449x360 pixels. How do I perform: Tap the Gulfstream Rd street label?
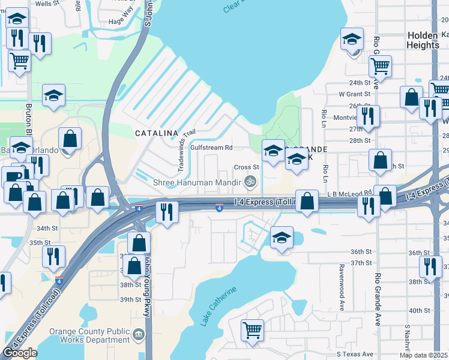tap(211, 148)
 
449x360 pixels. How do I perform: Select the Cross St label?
tap(246, 167)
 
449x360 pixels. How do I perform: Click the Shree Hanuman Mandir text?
tap(197, 182)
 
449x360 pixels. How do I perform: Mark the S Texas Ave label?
tap(355, 354)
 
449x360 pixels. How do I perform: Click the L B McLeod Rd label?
tap(349, 193)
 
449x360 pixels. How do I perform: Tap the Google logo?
tap(20, 353)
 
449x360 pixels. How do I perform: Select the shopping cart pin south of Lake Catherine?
tap(252, 330)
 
